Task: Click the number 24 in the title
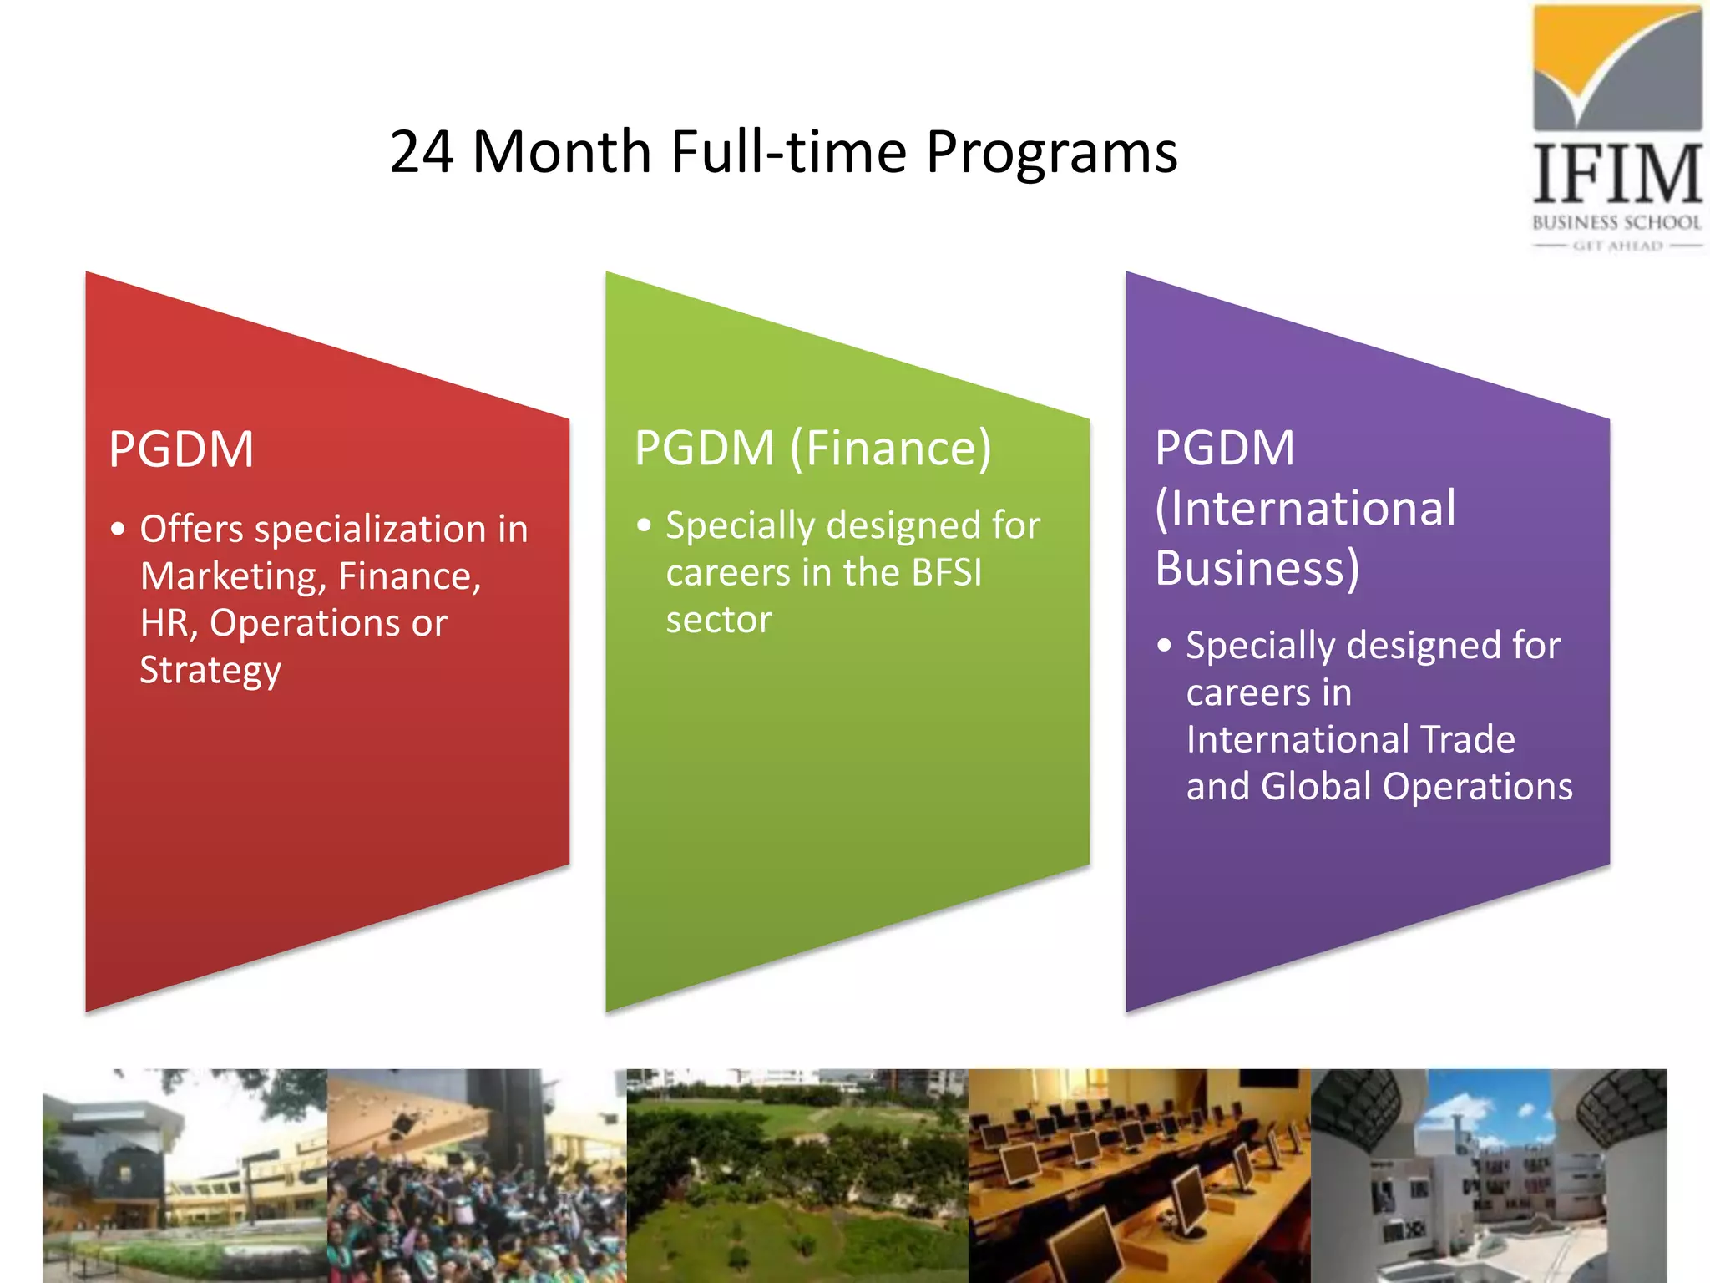pos(422,152)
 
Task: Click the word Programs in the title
pos(1051,154)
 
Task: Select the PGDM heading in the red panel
pos(181,449)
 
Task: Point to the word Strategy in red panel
pos(210,671)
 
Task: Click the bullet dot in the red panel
pos(119,530)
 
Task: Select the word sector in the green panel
pos(718,621)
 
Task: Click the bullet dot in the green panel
pos(644,525)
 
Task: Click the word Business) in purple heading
pos(1257,569)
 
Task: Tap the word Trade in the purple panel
pos(1468,740)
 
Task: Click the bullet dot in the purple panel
pos(1165,646)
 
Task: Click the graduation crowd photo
pos(477,1175)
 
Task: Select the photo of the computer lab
pos(1139,1175)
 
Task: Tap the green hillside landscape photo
pos(797,1175)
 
